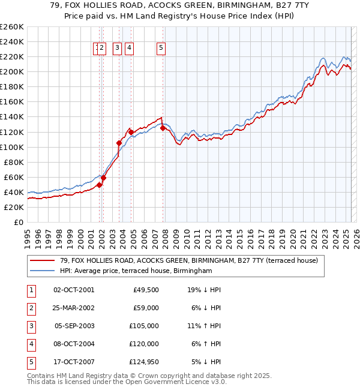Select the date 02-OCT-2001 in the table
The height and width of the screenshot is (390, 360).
(74, 290)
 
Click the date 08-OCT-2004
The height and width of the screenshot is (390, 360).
(74, 344)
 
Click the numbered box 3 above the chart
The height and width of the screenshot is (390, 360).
(116, 49)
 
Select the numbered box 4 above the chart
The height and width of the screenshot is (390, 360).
(130, 49)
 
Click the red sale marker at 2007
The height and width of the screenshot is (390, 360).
(163, 128)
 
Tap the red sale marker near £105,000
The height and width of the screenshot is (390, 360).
(119, 143)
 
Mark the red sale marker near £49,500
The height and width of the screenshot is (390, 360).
(99, 185)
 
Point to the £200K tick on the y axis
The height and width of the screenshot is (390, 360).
(13, 71)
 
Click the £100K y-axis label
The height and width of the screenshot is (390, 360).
(13, 147)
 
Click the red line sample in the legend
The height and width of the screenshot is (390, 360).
(42, 261)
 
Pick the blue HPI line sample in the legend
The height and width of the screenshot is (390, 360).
(42, 271)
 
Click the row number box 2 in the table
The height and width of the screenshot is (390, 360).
(31, 308)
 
